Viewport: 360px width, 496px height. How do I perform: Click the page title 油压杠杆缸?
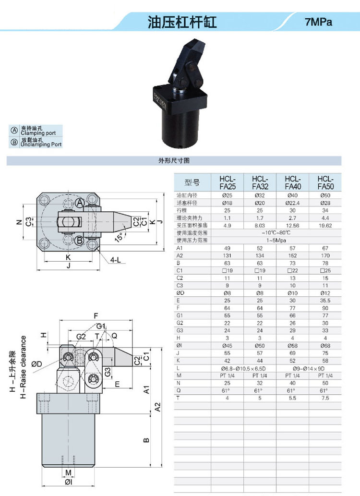point(182,22)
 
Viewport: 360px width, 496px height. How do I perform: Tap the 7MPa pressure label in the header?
point(319,22)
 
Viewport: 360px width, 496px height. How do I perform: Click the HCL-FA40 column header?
point(293,182)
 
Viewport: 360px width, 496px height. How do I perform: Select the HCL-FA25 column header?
point(228,182)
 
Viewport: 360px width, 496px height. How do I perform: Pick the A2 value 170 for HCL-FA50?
point(325,255)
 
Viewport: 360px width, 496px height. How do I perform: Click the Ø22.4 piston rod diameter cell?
point(292,203)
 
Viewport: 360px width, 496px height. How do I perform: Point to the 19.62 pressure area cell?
point(325,226)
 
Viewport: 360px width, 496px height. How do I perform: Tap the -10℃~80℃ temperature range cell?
point(276,233)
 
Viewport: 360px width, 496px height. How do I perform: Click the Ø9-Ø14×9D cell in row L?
point(309,369)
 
